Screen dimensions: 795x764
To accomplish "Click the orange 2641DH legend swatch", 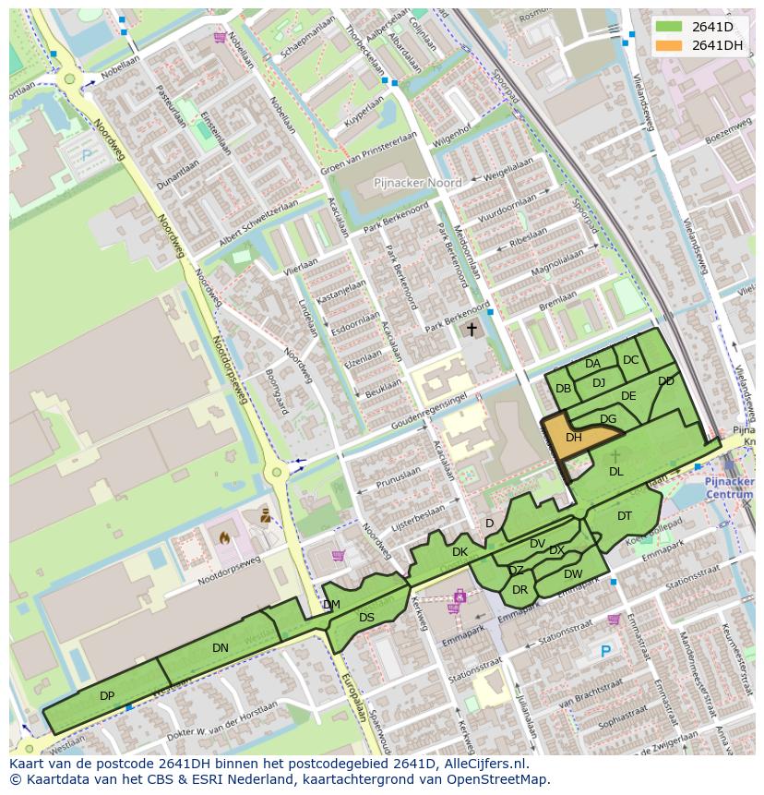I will coord(670,45).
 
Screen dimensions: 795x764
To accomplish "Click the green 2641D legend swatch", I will coord(670,27).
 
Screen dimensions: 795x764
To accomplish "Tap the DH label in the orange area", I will coord(574,438).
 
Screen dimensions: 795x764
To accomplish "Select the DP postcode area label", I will coord(107,695).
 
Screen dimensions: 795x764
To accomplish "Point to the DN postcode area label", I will coord(220,648).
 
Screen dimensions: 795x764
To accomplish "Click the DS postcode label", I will coord(366,618).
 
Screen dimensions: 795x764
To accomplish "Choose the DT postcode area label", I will coord(625,516).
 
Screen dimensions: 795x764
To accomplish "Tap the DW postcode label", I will coord(573,573).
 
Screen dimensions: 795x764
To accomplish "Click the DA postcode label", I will coord(592,364).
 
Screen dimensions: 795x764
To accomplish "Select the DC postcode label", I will coord(630,360).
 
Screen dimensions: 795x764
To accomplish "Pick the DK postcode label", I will coord(460,552).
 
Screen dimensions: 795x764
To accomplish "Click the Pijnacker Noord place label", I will coord(418,184).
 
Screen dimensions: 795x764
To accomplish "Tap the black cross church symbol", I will coord(472,329).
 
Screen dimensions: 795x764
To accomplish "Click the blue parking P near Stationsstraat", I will coord(605,651).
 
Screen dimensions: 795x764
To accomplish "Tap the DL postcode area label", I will coord(616,472).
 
